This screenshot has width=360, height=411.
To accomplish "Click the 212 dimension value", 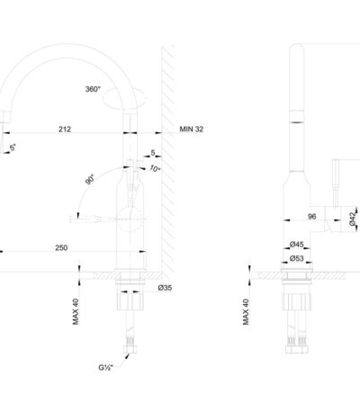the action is tap(65, 130).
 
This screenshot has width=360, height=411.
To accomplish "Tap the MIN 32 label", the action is tap(192, 130).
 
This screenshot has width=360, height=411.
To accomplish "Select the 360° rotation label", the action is tap(93, 89).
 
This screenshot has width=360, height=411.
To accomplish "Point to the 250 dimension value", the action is tap(61, 247).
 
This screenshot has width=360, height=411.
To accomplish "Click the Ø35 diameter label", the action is tap(165, 288).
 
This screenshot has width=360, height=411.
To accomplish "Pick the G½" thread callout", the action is tap(106, 367).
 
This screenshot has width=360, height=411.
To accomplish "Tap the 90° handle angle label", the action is tap(90, 179).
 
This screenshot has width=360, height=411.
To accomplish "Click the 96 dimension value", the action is tap(312, 216).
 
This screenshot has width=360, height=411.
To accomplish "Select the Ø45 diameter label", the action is tap(297, 245).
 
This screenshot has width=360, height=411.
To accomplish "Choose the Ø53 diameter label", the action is tap(297, 258).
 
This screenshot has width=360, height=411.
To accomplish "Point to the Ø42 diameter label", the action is tap(354, 218).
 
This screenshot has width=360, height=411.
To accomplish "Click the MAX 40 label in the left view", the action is tap(76, 311).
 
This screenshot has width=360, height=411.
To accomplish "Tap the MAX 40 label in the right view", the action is tap(246, 312).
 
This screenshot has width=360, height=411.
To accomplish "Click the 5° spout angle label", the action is tap(13, 147).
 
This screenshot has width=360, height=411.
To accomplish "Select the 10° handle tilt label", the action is tap(155, 168).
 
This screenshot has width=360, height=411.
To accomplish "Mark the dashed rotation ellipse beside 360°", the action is tap(124, 98).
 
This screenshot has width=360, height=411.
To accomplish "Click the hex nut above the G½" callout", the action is tap(130, 349).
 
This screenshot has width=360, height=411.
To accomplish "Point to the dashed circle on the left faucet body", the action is tap(130, 219).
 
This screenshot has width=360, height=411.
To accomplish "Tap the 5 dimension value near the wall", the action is tap(153, 153).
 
